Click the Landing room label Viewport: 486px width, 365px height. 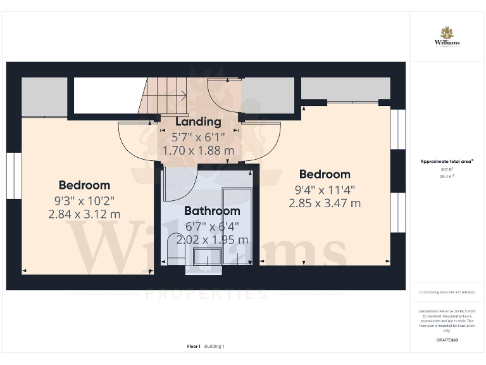(x=198, y=122)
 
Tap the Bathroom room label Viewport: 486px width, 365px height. (x=212, y=211)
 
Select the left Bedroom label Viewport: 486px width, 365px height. (x=84, y=185)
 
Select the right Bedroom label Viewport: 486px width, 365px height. (x=325, y=174)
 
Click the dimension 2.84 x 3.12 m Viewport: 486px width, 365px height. (x=84, y=215)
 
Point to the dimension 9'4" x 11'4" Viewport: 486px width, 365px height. (x=325, y=189)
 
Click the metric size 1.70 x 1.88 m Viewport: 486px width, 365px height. (x=198, y=151)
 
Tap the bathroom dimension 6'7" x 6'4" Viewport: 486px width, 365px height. (x=212, y=226)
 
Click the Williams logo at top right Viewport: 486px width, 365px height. (x=447, y=37)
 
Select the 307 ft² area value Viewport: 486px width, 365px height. (x=447, y=170)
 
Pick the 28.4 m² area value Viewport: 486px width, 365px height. (x=447, y=178)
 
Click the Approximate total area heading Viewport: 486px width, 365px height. (x=447, y=162)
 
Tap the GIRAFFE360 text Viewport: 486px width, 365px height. (x=447, y=340)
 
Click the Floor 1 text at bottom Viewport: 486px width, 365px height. (x=194, y=347)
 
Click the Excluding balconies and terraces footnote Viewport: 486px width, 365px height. (x=447, y=292)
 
